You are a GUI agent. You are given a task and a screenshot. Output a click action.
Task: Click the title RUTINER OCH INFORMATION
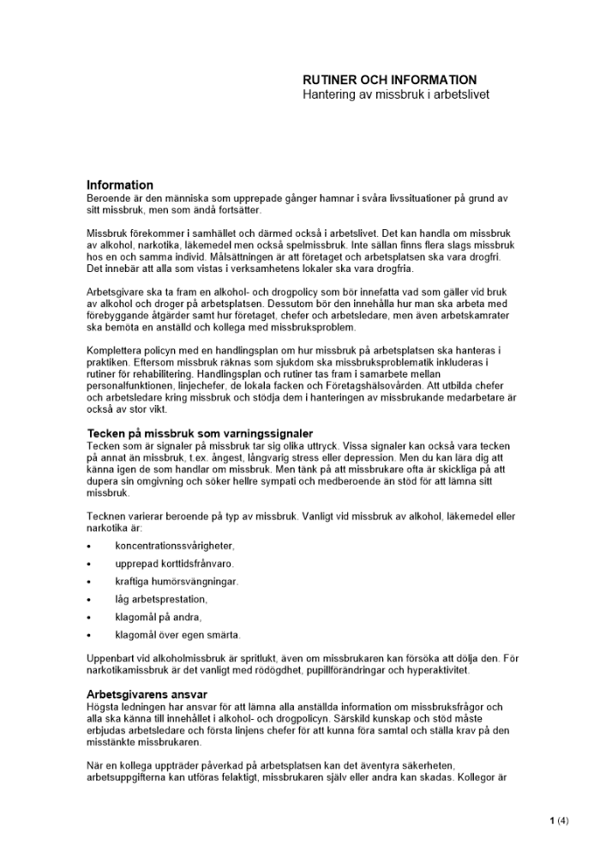tap(389, 80)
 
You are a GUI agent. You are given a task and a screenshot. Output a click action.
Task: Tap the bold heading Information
tap(120, 185)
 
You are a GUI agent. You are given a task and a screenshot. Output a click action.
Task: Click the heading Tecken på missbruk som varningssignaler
tap(200, 433)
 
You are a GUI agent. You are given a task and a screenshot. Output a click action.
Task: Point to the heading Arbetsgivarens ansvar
tap(147, 694)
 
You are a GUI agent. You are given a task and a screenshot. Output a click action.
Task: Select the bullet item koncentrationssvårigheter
tap(175, 546)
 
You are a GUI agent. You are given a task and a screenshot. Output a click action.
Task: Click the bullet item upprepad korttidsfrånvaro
tap(175, 564)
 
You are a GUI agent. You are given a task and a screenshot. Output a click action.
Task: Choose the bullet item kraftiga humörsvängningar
tap(177, 582)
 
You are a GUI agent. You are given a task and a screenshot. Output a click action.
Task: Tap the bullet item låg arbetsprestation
tap(161, 599)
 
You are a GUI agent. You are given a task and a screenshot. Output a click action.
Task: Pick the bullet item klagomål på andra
tap(159, 617)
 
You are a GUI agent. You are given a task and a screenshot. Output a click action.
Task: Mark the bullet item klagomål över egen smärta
tap(178, 635)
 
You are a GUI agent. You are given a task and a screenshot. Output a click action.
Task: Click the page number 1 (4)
tap(559, 820)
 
